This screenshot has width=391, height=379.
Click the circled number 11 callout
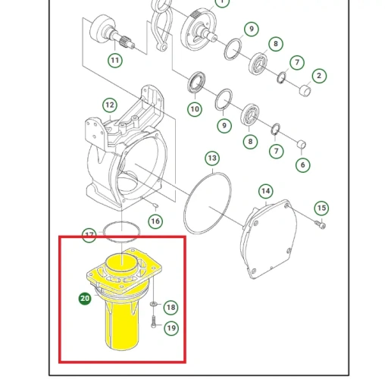point(115,61)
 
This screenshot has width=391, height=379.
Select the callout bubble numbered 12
point(110,105)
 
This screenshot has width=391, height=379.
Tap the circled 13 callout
point(212,158)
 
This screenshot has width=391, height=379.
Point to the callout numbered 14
point(266,191)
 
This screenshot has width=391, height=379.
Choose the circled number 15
point(321,208)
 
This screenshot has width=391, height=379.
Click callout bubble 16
point(155,221)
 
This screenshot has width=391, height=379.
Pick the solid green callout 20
point(85,299)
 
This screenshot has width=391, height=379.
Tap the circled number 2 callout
point(319,76)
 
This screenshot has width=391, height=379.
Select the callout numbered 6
point(303,165)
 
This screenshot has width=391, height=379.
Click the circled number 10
point(195,109)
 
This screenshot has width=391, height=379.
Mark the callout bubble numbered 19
point(171,328)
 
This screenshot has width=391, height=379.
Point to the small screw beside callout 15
point(320,224)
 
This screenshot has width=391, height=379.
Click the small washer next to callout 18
point(153,304)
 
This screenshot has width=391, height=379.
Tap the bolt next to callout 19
point(154,322)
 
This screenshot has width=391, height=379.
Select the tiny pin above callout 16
point(155,206)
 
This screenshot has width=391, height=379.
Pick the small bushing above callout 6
point(302,145)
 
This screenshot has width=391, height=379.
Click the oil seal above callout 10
point(196,82)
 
